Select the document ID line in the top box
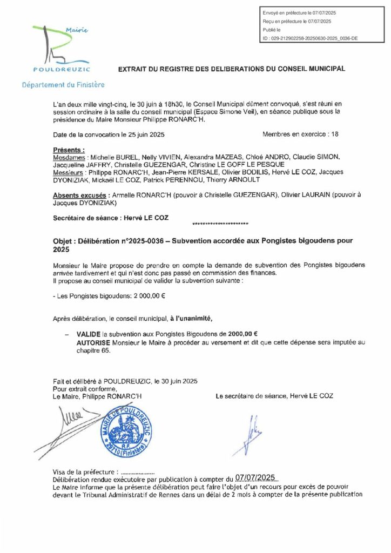pyautogui.click(x=309, y=38)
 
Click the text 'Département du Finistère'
pyautogui.click(x=63, y=85)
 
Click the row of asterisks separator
pyautogui.click(x=220, y=224)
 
